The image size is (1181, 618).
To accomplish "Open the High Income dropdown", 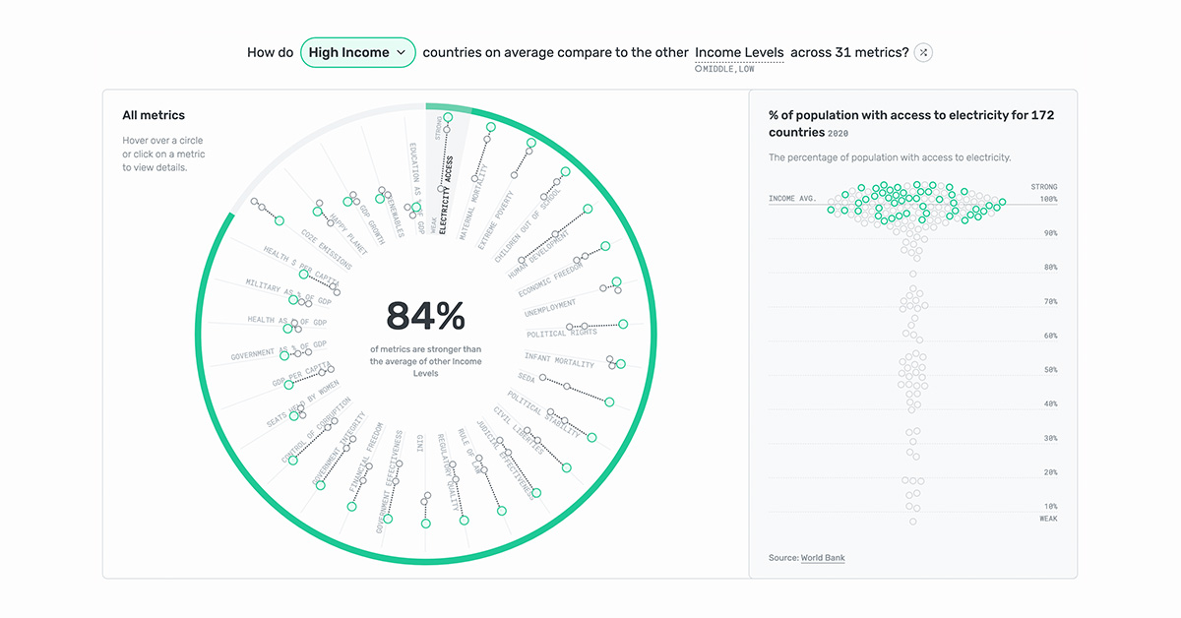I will [358, 52].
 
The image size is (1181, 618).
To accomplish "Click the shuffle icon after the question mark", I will [922, 52].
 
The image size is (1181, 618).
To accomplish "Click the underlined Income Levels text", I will [739, 52].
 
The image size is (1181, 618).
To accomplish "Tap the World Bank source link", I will [822, 558].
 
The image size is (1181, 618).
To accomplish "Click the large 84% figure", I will [425, 316].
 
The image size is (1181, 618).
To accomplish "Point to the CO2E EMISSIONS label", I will [326, 250].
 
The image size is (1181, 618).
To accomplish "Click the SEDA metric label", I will [527, 378].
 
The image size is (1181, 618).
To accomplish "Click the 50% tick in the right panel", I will [1050, 370].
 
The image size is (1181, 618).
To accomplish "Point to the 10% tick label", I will [1050, 506].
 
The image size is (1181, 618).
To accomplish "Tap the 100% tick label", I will [1048, 199].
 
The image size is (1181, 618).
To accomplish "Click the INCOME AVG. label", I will [792, 199].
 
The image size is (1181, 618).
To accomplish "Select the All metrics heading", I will [154, 116].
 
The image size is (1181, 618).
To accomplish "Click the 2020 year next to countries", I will [838, 134].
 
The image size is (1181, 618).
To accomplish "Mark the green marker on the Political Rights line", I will [623, 323].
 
